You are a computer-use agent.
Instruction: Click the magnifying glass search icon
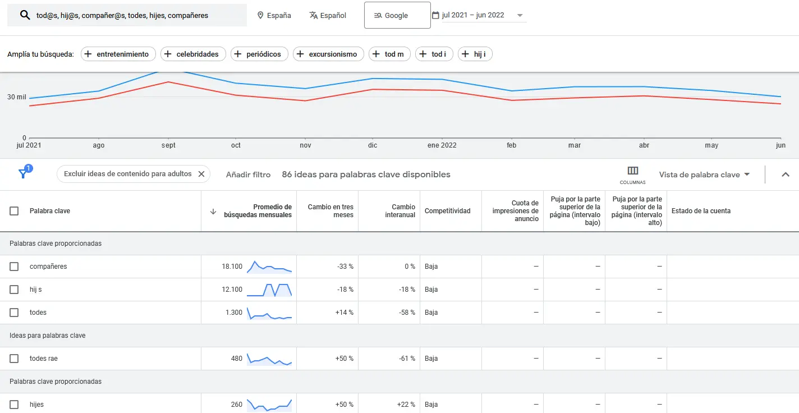tap(25, 15)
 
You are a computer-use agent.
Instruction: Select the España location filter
tap(274, 15)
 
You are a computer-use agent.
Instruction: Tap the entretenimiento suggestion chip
tap(118, 54)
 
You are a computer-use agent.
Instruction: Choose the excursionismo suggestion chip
tap(328, 54)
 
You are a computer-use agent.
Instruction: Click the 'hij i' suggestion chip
tap(475, 54)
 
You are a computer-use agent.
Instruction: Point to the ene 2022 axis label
tap(442, 145)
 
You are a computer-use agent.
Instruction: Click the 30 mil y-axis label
tap(17, 97)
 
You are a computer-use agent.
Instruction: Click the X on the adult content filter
tap(201, 174)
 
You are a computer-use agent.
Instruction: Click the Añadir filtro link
tap(248, 175)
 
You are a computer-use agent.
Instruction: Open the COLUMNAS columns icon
tap(633, 175)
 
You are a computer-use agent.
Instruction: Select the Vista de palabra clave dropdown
tap(704, 175)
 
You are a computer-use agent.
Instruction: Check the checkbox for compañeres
tap(14, 267)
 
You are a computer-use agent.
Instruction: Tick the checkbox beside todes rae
tap(14, 359)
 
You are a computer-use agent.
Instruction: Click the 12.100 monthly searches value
tap(232, 289)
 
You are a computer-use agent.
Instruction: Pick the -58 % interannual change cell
tap(407, 313)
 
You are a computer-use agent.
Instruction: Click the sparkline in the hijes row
tap(269, 405)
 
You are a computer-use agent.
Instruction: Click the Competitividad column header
tap(447, 211)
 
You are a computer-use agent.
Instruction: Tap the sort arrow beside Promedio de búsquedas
tap(213, 212)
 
